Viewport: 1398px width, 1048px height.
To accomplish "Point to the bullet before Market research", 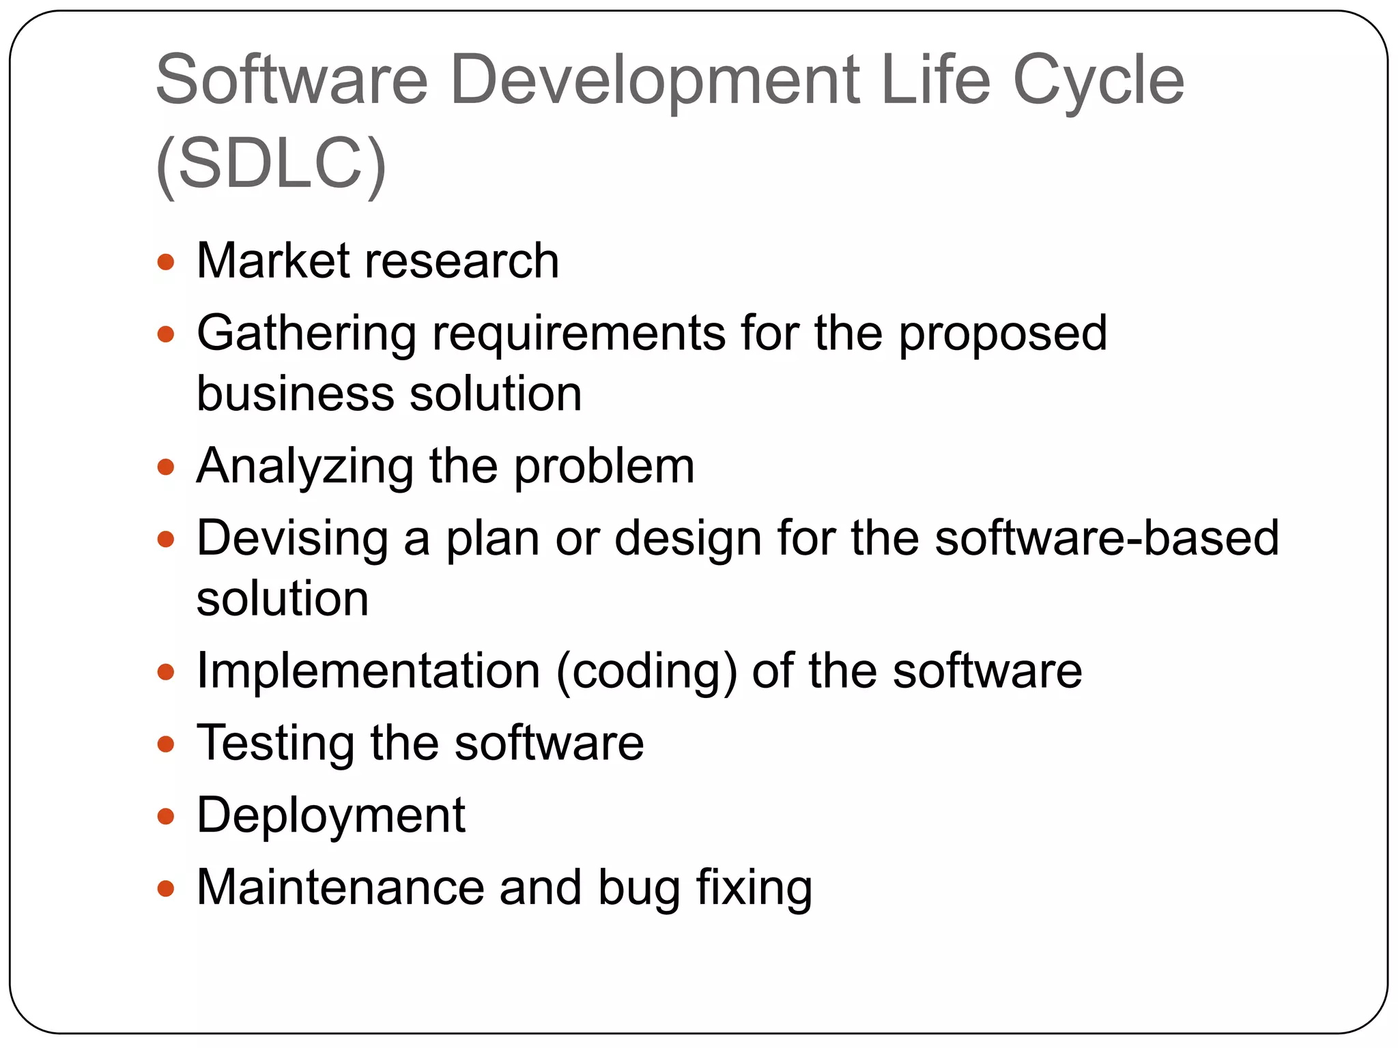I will pyautogui.click(x=165, y=262).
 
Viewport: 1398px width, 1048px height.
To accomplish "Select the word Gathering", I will pyautogui.click(x=306, y=334).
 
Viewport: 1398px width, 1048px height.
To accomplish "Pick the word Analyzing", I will pyautogui.click(x=304, y=467).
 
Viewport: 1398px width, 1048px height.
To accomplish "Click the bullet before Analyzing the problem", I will pyautogui.click(x=165, y=467).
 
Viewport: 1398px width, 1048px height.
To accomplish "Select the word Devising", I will pyautogui.click(x=292, y=539).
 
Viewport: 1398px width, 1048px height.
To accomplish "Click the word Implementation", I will pyautogui.click(x=368, y=671).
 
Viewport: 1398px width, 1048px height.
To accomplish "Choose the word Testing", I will pyautogui.click(x=275, y=744).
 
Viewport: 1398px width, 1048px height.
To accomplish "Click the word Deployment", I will pyautogui.click(x=330, y=816).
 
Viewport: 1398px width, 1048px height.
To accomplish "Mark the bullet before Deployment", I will pyautogui.click(x=165, y=816).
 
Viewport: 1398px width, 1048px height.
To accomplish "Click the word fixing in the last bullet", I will pyautogui.click(x=754, y=888).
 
